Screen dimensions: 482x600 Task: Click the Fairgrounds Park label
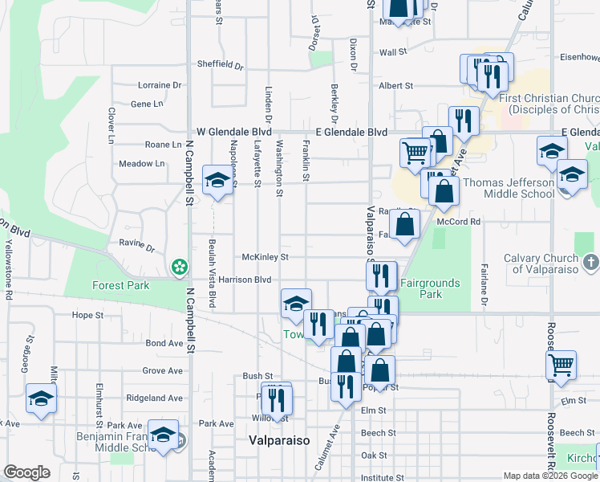tap(430, 288)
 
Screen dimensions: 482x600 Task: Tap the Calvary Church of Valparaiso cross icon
tap(590, 262)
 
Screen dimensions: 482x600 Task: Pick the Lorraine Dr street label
tap(160, 85)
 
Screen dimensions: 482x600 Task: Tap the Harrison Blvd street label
tap(245, 280)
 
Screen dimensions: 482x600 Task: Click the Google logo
tap(26, 472)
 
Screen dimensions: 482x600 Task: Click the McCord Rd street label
tap(459, 222)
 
